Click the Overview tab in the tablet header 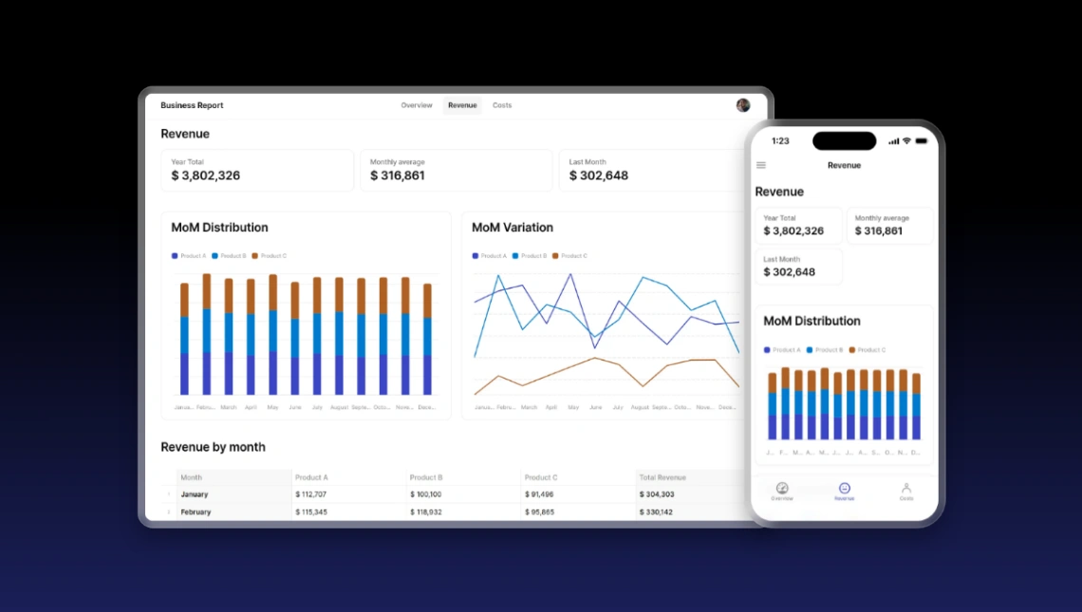(416, 105)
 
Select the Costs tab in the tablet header (502, 105)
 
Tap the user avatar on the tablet (743, 105)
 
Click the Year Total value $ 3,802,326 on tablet (205, 176)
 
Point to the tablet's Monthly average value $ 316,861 (397, 176)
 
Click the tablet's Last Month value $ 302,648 (598, 176)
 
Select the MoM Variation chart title (512, 228)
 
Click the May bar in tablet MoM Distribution (273, 335)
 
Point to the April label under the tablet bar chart (251, 407)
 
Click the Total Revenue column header (662, 477)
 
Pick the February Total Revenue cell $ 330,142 (656, 512)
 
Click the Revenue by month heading (213, 447)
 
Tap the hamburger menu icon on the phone (760, 165)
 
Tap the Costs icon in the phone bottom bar (906, 490)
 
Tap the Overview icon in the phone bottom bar (782, 490)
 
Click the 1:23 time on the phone (780, 141)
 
